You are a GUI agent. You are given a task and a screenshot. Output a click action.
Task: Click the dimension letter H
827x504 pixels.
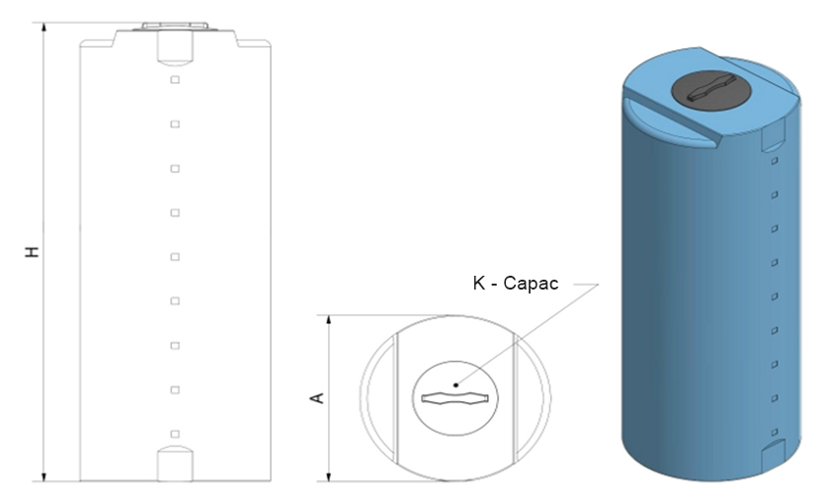point(33,251)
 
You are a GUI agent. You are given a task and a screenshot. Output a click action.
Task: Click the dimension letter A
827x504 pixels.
point(316,398)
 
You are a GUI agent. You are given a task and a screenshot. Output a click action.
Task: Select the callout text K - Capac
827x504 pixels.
point(516,284)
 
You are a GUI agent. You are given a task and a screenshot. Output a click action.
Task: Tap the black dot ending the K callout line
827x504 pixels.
point(456,384)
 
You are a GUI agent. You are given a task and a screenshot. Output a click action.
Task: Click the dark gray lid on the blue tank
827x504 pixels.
point(711,91)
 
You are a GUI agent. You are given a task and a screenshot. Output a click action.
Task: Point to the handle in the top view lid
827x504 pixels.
point(455,399)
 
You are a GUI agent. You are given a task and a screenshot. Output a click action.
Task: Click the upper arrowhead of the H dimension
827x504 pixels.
point(44,28)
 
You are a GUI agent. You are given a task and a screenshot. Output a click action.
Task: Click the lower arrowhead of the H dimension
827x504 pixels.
point(44,476)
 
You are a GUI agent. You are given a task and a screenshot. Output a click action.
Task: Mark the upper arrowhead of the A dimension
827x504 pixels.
point(329,320)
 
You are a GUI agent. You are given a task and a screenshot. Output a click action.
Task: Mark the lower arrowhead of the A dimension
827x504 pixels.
point(329,476)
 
